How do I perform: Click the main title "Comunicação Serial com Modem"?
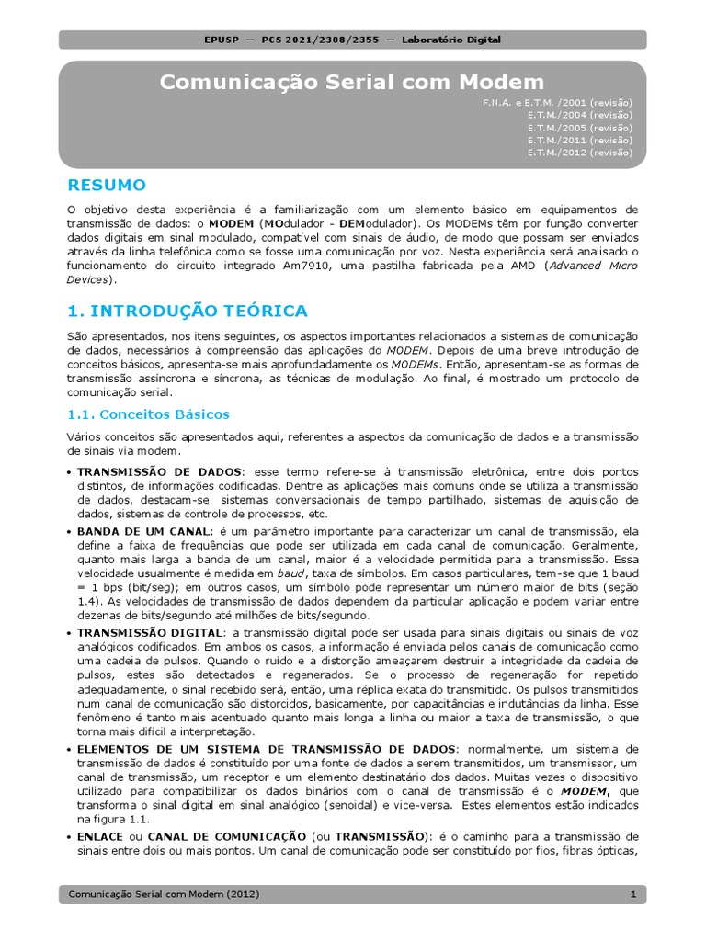(352, 82)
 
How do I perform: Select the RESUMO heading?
(107, 185)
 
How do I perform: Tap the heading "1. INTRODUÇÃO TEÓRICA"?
(188, 311)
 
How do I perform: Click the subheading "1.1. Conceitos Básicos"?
(149, 414)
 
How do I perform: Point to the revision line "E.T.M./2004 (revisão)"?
(579, 115)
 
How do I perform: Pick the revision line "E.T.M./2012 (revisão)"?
(579, 153)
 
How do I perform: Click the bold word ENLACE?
(99, 836)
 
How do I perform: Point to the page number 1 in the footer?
(632, 894)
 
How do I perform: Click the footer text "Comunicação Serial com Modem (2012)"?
(164, 894)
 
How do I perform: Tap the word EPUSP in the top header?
(222, 40)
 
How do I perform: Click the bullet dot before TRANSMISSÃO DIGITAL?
(71, 633)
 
